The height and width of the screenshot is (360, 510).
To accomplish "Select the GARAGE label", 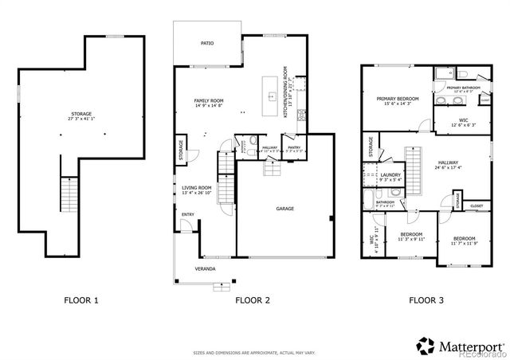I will [x=284, y=209].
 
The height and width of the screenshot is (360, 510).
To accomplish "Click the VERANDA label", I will [x=206, y=269].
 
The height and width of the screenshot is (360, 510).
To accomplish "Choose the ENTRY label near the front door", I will [x=188, y=214].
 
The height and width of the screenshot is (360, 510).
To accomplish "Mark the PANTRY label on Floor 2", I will [x=293, y=147].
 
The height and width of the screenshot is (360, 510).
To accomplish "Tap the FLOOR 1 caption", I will [x=81, y=301].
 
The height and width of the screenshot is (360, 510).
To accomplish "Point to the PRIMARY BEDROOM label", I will [x=397, y=98].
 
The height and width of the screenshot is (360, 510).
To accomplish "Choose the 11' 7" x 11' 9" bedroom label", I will [x=464, y=238].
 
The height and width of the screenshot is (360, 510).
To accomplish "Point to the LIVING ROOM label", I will [x=195, y=188].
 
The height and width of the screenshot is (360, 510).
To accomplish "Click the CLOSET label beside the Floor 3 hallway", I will [x=476, y=205].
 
